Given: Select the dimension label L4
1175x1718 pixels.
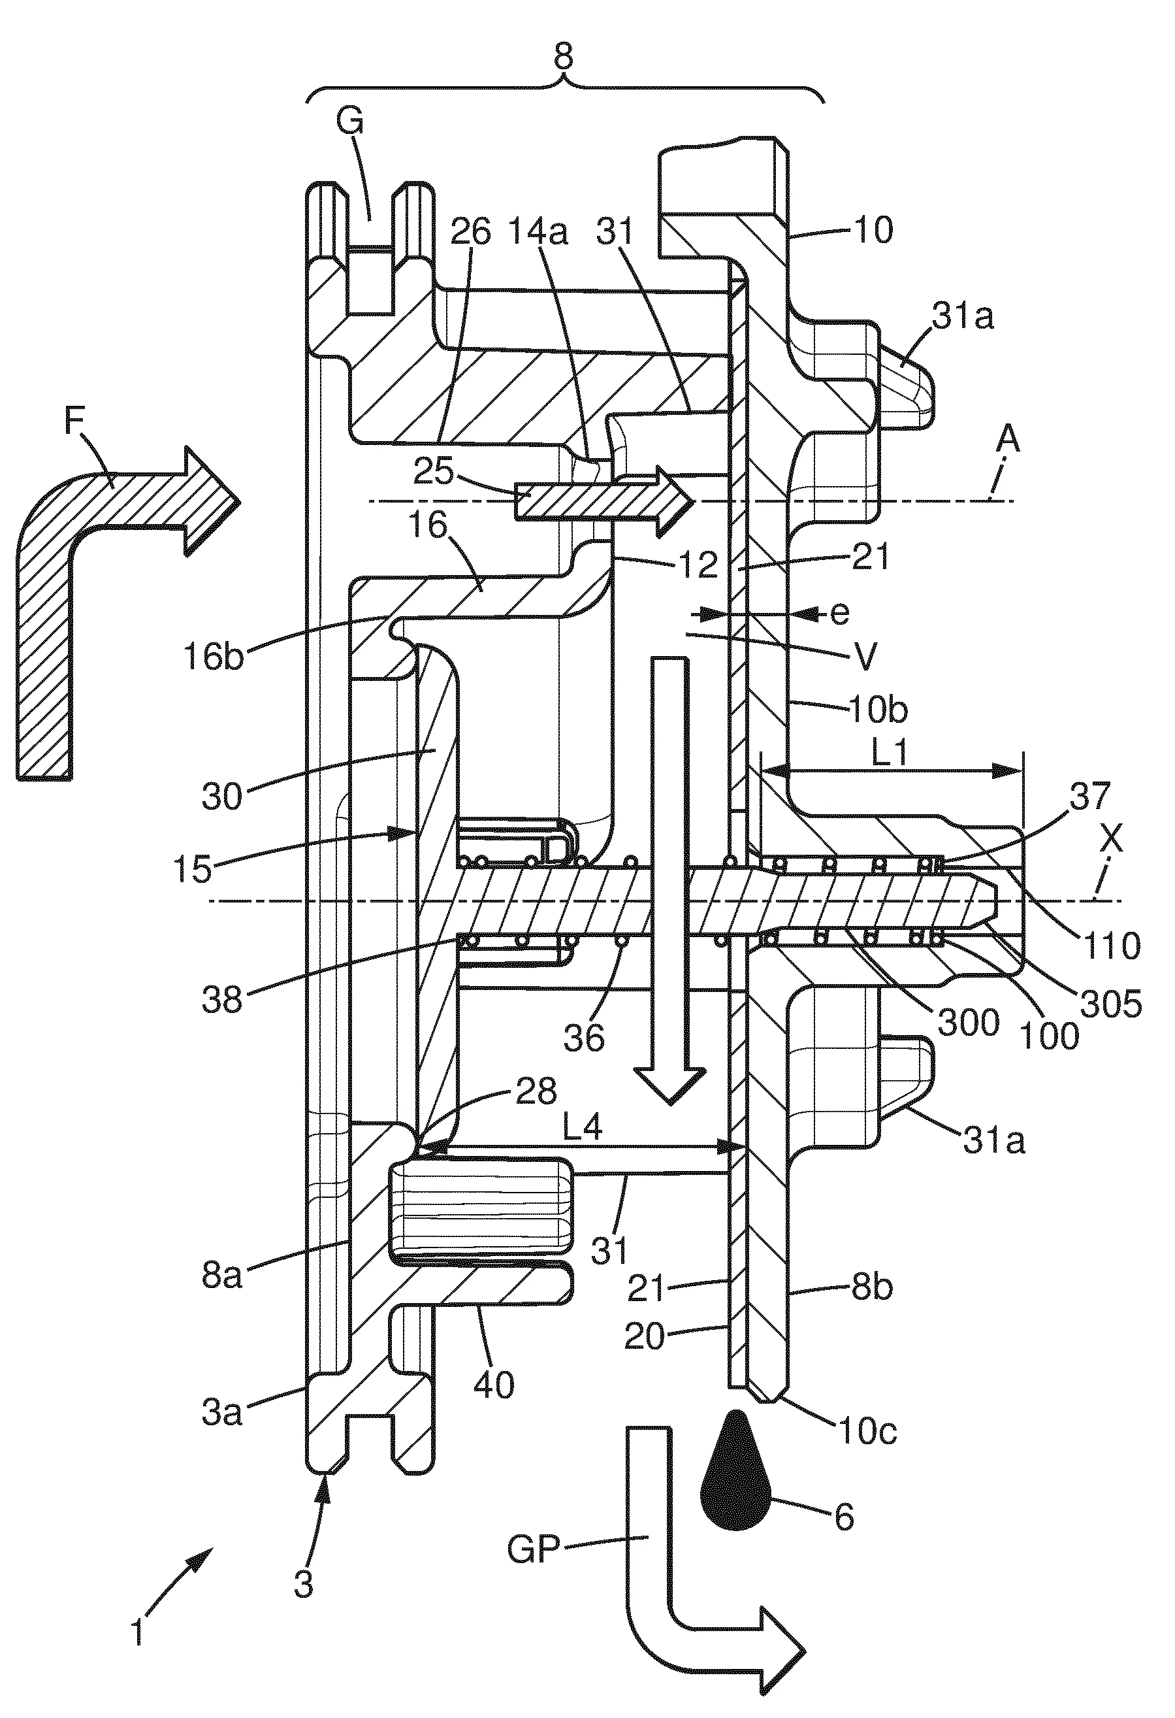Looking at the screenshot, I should click(583, 1129).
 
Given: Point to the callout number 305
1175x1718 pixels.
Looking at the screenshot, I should click(1112, 1004).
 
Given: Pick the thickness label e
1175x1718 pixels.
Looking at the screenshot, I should click(840, 613).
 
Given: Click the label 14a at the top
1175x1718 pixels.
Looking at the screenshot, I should click(538, 233).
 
